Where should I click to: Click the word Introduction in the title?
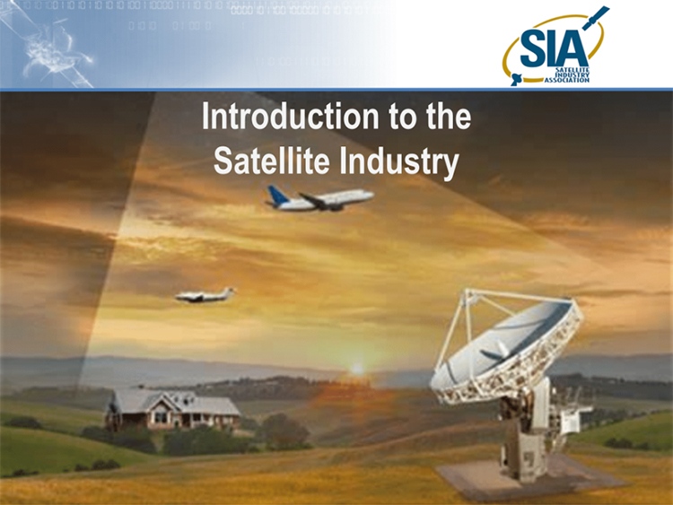click(291, 116)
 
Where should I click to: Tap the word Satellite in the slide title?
click(271, 161)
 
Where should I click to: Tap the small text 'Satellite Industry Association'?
click(567, 74)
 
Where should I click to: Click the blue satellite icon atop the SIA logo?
click(596, 17)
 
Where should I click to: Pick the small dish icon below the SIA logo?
click(516, 79)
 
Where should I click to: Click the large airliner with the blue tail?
click(319, 199)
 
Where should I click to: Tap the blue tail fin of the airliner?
click(275, 195)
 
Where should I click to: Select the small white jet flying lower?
click(205, 295)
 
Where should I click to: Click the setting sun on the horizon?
click(356, 369)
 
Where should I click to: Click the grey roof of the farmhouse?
click(176, 400)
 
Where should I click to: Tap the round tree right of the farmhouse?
click(284, 431)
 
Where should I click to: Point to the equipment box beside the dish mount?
click(574, 418)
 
